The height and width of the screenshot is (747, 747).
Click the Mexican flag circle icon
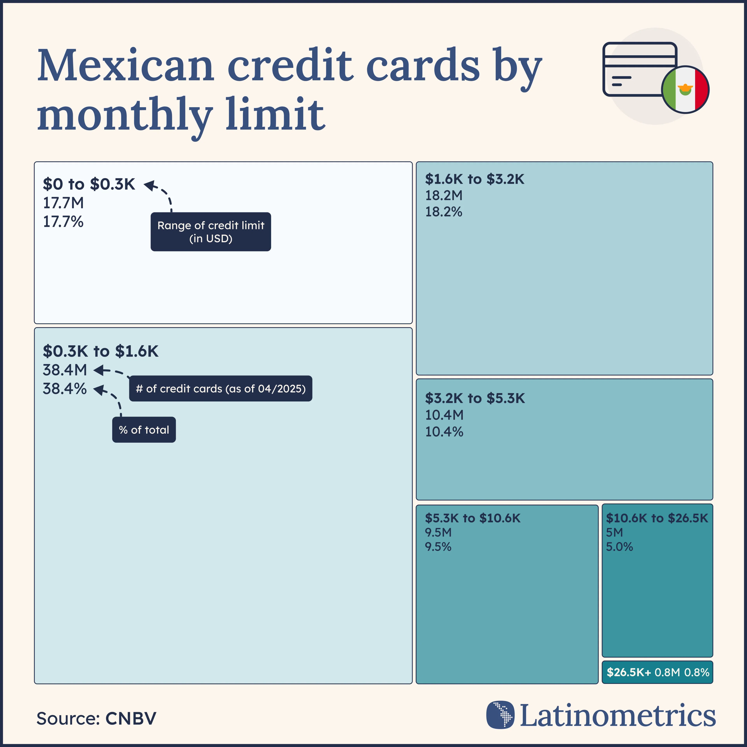(x=685, y=89)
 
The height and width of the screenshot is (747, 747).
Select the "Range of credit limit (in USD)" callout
(x=211, y=232)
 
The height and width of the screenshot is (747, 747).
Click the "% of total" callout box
(x=144, y=430)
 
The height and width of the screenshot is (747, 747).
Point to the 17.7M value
(x=63, y=203)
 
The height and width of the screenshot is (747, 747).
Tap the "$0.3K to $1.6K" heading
(x=101, y=351)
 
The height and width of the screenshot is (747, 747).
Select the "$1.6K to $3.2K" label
(x=474, y=179)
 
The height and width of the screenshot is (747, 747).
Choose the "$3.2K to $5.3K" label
(x=475, y=398)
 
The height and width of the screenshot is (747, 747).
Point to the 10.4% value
(x=444, y=431)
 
